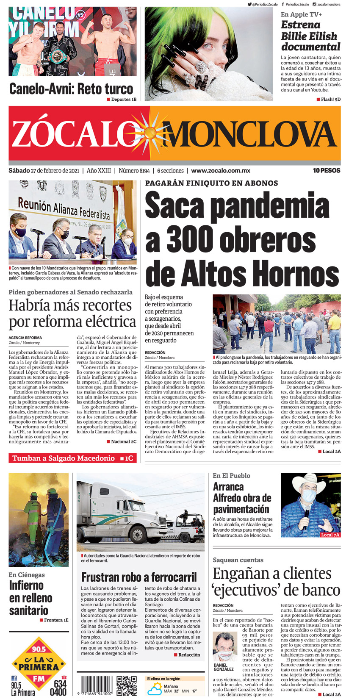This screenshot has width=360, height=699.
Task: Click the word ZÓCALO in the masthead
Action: click(72, 134)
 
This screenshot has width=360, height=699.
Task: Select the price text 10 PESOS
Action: click(327, 171)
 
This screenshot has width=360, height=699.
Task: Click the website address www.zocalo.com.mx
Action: click(220, 171)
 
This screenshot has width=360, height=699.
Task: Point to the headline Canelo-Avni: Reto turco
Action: click(71, 89)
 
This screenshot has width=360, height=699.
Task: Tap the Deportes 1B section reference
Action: click(122, 100)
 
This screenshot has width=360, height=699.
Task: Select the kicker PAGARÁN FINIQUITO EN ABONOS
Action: click(211, 183)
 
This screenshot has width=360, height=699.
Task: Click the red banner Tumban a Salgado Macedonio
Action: click(72, 458)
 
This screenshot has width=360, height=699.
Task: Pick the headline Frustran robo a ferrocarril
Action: click(139, 577)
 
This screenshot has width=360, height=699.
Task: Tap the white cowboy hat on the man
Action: click(309, 481)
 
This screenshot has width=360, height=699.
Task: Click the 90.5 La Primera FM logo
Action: click(39, 667)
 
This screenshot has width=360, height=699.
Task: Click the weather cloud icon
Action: click(154, 689)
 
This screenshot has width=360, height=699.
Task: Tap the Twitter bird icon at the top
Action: click(249, 4)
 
